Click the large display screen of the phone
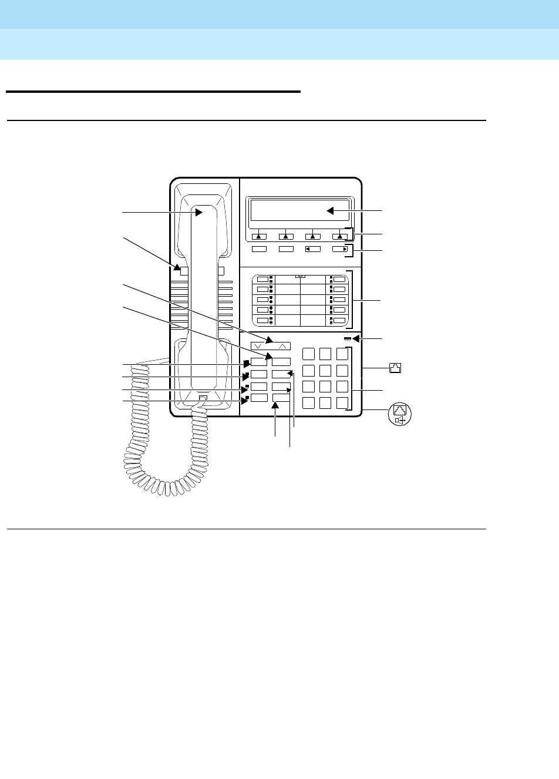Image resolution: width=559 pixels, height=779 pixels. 299,211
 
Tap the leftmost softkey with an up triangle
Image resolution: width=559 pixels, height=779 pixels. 258,236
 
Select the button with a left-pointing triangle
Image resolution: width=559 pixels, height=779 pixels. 312,249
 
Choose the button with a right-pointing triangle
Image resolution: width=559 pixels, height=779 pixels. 339,249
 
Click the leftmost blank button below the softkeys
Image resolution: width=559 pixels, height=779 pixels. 258,249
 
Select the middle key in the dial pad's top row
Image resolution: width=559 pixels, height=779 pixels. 325,354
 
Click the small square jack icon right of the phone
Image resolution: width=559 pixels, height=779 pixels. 395,368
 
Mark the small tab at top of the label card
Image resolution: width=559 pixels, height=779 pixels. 300,276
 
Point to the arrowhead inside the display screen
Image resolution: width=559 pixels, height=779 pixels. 331,210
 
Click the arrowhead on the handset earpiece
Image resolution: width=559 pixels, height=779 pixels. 199,213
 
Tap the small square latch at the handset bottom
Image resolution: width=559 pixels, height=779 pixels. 203,399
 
